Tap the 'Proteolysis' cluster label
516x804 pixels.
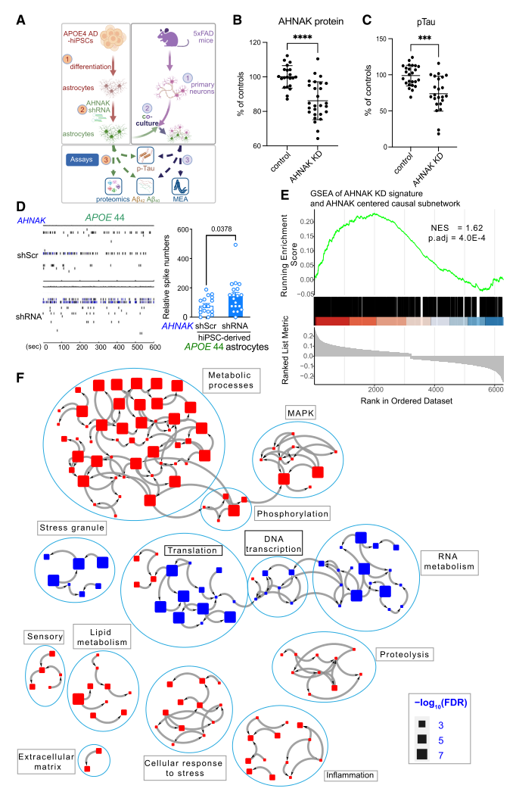point(404,653)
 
